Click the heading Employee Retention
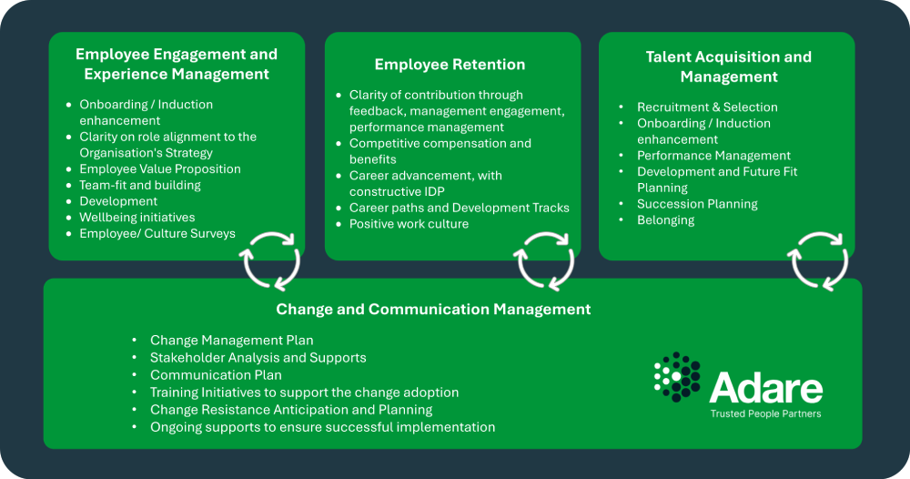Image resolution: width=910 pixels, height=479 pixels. click(x=450, y=65)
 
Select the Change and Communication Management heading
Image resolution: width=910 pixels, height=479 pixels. click(x=433, y=310)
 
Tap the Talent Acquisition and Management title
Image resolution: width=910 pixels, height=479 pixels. click(x=728, y=66)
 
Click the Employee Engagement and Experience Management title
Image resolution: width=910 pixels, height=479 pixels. click(x=177, y=64)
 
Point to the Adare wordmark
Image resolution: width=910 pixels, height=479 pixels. click(x=766, y=387)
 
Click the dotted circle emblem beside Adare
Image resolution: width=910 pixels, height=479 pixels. click(x=677, y=377)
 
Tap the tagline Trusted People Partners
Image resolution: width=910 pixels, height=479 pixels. click(x=766, y=414)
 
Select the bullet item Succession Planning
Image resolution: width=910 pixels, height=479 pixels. click(x=697, y=204)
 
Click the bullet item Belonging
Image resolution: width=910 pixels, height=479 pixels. click(x=666, y=220)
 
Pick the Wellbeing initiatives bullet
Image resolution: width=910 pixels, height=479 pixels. click(x=137, y=217)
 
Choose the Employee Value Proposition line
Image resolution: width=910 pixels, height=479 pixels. click(x=159, y=169)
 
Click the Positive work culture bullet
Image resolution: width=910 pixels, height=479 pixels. click(x=409, y=224)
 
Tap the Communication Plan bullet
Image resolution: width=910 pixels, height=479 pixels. click(x=216, y=375)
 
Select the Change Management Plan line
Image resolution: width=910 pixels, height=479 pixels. click(x=231, y=341)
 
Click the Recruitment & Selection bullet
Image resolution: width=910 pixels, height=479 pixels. click(x=707, y=107)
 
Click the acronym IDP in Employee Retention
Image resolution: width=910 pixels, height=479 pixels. click(x=432, y=191)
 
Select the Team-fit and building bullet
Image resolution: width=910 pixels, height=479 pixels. click(x=140, y=185)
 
